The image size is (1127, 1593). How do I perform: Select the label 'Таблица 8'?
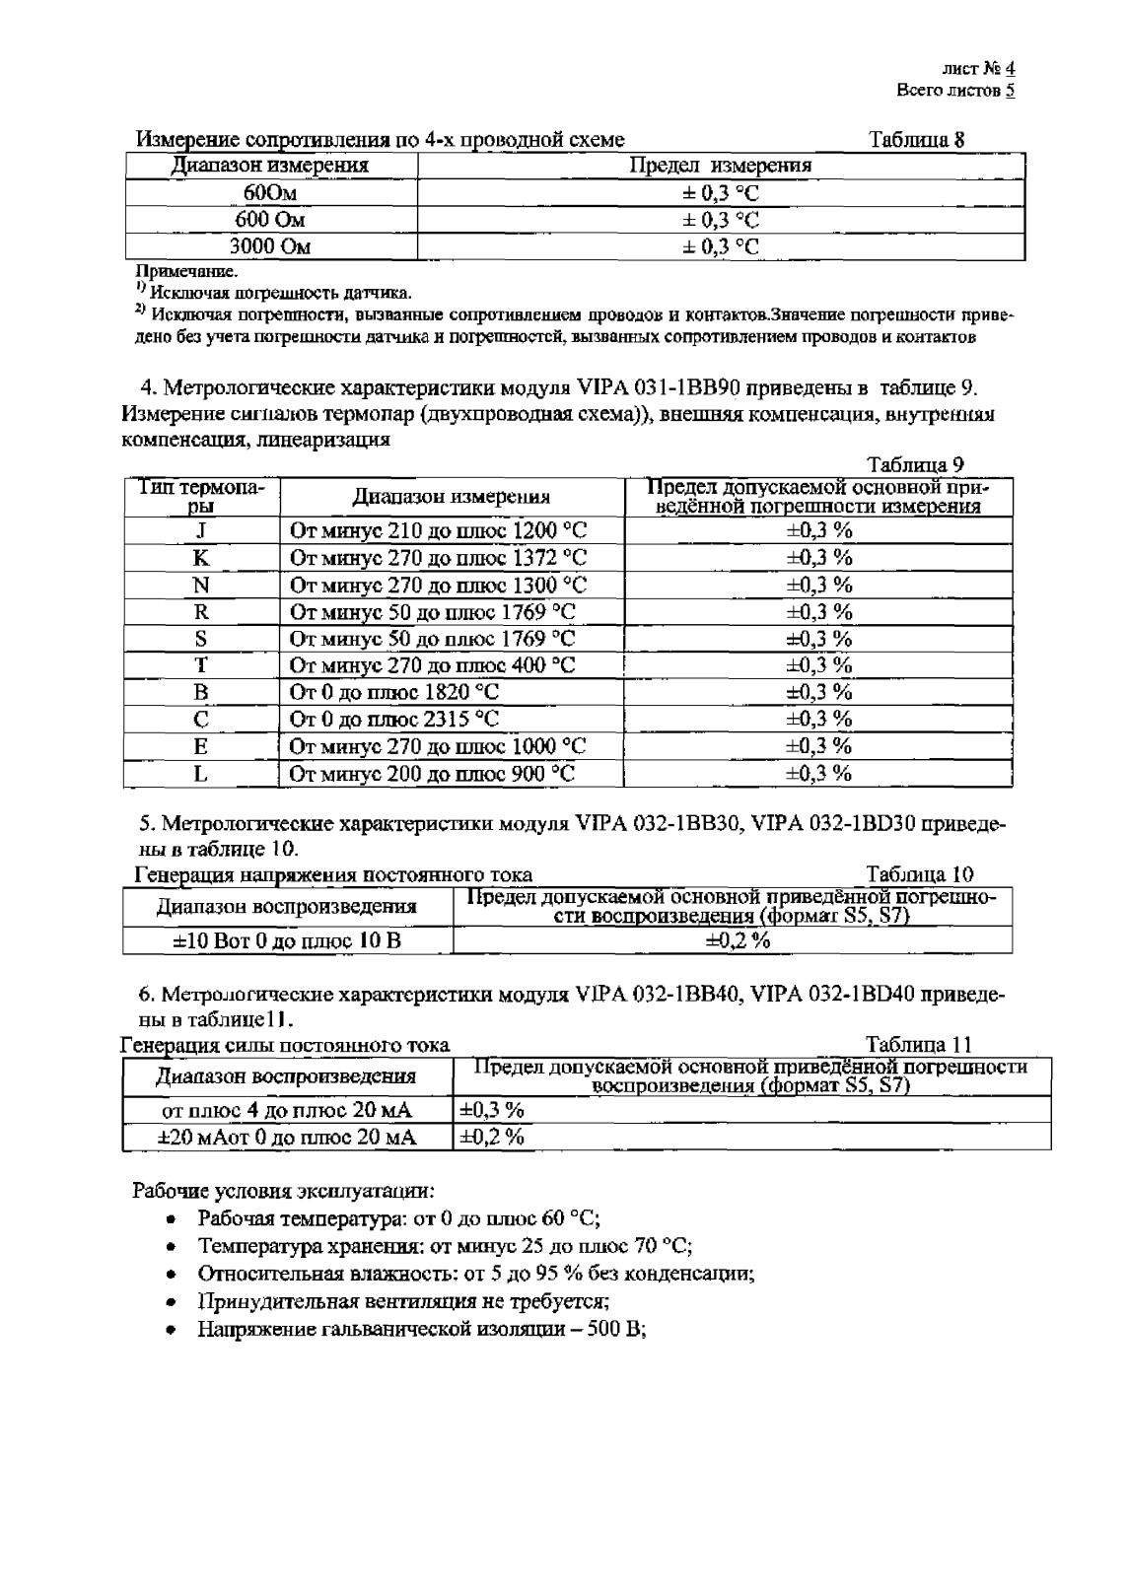pos(916,139)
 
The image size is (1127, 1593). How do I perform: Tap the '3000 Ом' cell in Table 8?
pos(270,246)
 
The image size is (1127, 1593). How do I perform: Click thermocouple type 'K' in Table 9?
pos(201,558)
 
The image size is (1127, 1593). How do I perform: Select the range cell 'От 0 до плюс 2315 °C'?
pos(394,719)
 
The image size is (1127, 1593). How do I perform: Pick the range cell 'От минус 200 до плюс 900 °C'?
pos(432,773)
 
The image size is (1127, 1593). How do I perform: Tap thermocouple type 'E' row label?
pos(201,746)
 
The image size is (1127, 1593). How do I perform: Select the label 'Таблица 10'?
pos(919,874)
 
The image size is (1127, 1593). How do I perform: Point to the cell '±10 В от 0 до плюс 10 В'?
pos(287,940)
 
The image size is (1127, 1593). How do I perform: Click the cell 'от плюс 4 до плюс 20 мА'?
pos(287,1110)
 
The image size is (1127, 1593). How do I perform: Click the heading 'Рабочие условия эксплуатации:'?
pos(283,1189)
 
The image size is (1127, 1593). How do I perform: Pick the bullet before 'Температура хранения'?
pos(172,1245)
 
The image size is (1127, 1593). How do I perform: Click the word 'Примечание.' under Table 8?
pos(186,271)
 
